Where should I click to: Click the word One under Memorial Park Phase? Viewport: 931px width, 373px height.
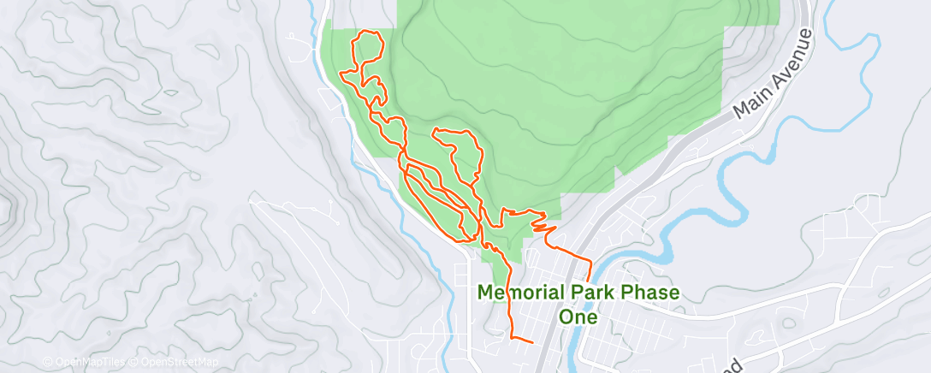coord(578,317)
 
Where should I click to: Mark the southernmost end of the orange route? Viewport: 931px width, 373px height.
coord(532,342)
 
